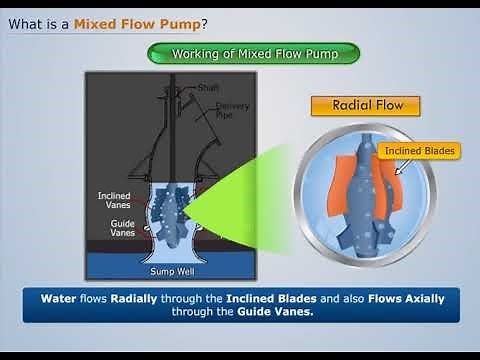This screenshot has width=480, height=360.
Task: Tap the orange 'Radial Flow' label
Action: [364, 106]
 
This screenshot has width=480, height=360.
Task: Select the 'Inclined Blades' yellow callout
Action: [420, 151]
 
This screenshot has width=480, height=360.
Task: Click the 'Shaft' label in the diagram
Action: [208, 87]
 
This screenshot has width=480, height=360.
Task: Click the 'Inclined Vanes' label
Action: [114, 200]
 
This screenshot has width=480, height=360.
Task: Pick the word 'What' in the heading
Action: [28, 22]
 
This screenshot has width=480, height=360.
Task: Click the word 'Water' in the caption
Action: [60, 298]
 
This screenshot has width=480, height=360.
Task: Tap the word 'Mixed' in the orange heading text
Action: [95, 22]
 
